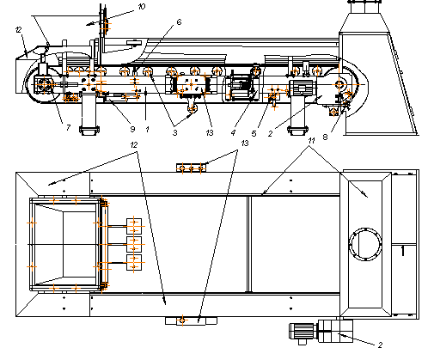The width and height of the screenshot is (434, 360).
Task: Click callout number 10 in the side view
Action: [142, 7]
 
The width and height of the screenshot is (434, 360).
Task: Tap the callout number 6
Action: [179, 22]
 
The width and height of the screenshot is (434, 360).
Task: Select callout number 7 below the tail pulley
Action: [68, 127]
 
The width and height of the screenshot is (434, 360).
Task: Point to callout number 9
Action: [132, 129]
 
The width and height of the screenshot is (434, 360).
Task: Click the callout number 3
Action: [174, 133]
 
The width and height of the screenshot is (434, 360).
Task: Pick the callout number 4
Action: [233, 133]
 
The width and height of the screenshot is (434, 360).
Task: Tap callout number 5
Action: [254, 133]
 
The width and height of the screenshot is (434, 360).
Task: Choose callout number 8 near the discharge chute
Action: [325, 137]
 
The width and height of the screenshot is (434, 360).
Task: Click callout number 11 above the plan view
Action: [311, 141]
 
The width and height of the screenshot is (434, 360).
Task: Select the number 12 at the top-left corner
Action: [18, 29]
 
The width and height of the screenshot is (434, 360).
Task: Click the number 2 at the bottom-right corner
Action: [380, 345]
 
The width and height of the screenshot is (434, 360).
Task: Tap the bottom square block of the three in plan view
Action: [134, 262]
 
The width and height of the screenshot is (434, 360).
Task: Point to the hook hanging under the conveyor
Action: [193, 108]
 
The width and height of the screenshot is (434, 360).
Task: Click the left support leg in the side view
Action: [89, 114]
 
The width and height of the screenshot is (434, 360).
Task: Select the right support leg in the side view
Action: [298, 115]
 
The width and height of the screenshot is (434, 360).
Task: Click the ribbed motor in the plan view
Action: [303, 333]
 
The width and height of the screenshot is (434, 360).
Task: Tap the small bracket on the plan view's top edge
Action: [191, 168]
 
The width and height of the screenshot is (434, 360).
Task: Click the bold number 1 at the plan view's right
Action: [403, 251]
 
